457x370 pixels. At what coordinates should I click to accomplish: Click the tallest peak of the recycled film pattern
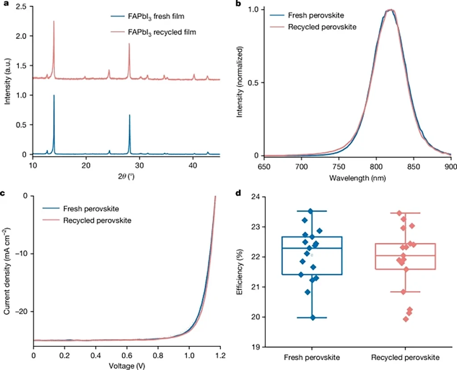pos(54,21)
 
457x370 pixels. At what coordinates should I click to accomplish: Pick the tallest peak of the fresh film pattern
pos(54,96)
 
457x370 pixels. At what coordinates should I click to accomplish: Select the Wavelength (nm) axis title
pos(357,177)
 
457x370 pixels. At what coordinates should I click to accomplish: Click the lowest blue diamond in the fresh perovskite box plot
pos(312,317)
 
